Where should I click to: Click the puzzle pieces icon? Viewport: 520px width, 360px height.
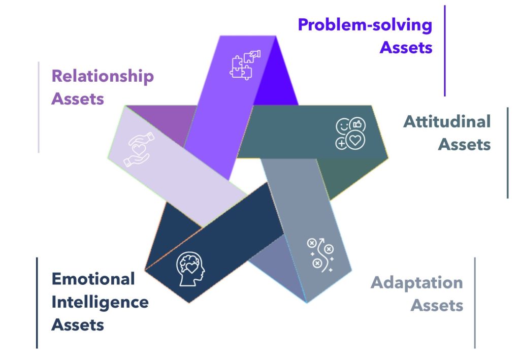[x=245, y=64]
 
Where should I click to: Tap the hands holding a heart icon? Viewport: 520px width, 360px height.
[x=139, y=149]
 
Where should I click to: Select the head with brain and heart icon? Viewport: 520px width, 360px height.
[x=190, y=269]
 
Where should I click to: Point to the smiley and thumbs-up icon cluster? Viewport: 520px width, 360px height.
[x=350, y=133]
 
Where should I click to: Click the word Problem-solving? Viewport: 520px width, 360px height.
[x=365, y=25]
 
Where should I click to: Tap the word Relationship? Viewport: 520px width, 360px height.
[x=103, y=76]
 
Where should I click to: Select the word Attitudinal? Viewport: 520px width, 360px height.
[x=447, y=121]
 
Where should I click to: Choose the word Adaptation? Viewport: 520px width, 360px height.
[x=417, y=283]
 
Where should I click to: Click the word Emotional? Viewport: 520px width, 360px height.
[x=93, y=279]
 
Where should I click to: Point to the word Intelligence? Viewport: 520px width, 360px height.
[x=100, y=302]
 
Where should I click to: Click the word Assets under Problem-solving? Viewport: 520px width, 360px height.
[x=406, y=47]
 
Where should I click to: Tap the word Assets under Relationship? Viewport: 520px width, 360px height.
[x=78, y=99]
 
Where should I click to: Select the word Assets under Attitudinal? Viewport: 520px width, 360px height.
[x=464, y=145]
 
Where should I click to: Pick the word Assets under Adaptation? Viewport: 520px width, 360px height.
[x=437, y=305]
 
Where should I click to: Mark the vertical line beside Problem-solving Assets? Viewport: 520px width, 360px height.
[x=445, y=51]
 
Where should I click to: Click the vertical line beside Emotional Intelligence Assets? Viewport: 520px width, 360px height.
[x=37, y=303]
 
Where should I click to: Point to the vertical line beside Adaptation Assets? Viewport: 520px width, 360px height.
[x=475, y=303]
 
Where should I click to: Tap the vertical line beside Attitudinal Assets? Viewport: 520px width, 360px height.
[x=508, y=153]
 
